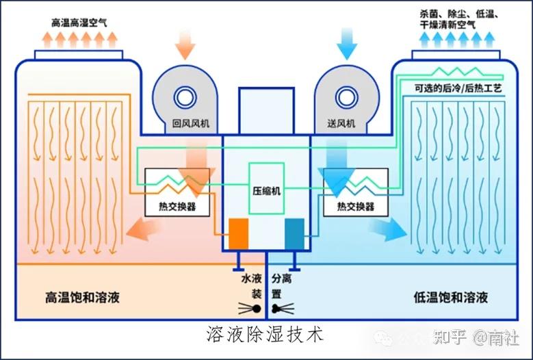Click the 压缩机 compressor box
267,188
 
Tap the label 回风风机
190,123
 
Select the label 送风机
341,123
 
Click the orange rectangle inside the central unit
238,233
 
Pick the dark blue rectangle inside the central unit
294,233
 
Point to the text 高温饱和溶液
82,297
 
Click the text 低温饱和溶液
450,297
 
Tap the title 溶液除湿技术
265,335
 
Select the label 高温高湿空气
79,23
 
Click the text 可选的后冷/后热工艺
458,88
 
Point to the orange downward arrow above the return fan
185,44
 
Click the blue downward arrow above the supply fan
347,44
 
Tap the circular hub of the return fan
185,98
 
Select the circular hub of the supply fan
347,98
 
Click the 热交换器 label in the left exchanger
177,206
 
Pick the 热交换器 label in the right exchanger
356,206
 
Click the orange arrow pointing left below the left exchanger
143,229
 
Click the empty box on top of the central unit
266,111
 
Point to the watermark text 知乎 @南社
476,337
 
